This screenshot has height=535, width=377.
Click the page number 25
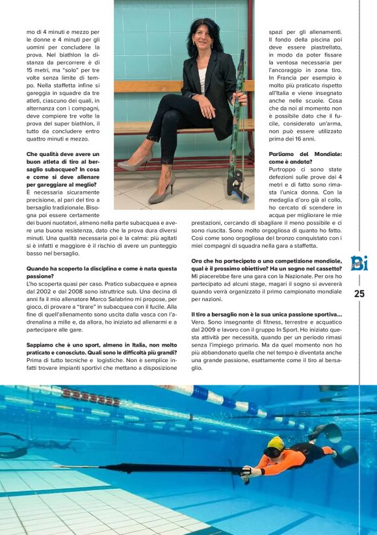coord(359,294)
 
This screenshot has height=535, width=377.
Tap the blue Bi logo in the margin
coord(359,263)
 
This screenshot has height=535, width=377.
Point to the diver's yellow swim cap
coord(276,443)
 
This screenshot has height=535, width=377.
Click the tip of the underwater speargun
coord(56,466)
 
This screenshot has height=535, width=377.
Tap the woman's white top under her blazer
coord(202,77)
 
